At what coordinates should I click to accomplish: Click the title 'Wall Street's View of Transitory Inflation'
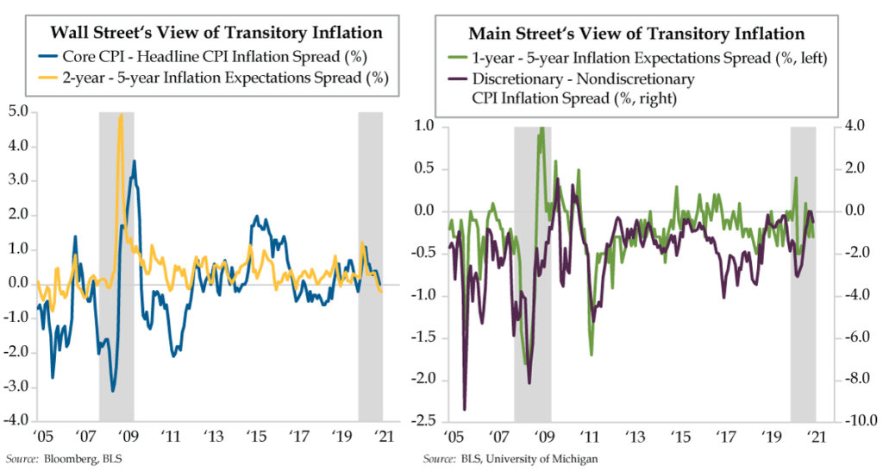coord(216,34)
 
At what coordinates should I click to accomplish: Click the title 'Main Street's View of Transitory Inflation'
coord(636,34)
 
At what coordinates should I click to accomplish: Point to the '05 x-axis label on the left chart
coord(40,437)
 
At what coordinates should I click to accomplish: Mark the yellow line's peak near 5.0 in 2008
coord(121,115)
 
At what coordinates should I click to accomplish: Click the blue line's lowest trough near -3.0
coord(113,391)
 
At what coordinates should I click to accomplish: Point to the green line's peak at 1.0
coord(542,129)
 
